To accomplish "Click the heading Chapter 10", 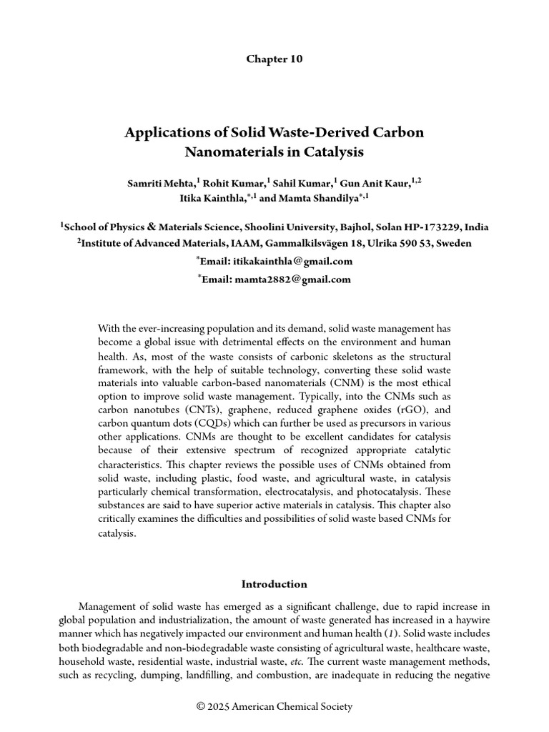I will [274, 59].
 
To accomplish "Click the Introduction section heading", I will [274, 584].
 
